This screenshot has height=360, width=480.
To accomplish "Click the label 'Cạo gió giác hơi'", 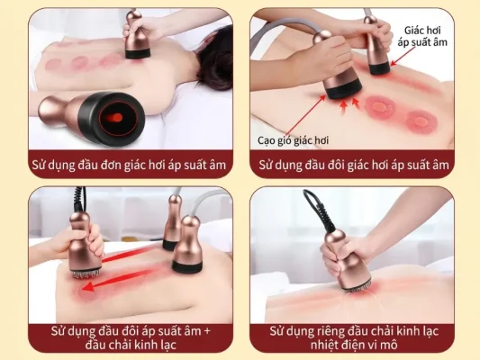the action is point(293,140).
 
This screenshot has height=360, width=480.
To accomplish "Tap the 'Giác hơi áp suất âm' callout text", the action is point(422,36).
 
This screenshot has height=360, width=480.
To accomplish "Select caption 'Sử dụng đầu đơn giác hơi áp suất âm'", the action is point(129,166).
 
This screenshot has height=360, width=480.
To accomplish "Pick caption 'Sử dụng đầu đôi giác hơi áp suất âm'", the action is point(354,166).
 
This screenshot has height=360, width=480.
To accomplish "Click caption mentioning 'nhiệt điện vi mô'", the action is point(354,338).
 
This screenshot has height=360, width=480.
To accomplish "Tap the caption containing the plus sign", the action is point(131,338).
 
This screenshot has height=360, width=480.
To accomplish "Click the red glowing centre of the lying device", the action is point(113,117).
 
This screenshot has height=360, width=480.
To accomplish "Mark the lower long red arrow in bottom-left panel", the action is point(121,279).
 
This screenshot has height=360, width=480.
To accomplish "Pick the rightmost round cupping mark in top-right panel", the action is point(421,121).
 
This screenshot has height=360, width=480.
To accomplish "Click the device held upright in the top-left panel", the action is point(137,34).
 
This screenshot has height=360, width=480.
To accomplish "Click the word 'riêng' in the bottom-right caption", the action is point(331,331).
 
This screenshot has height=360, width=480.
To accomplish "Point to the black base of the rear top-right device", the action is point(380,67).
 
